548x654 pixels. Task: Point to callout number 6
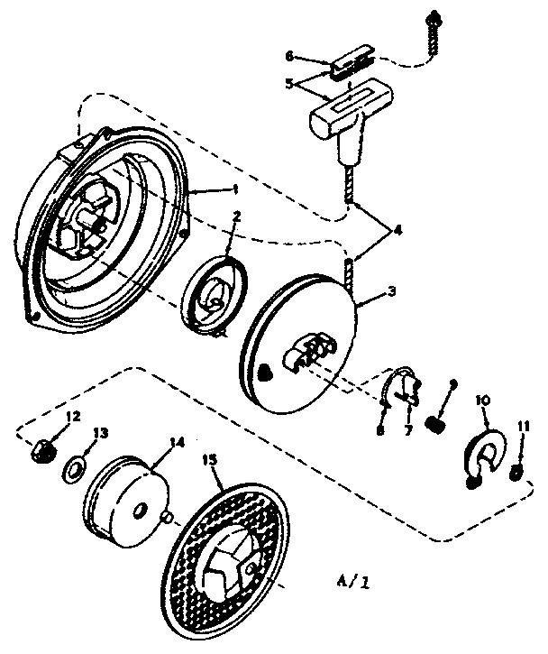[x=289, y=56]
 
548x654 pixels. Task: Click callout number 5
[x=289, y=82]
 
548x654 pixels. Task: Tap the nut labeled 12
[x=41, y=449]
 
